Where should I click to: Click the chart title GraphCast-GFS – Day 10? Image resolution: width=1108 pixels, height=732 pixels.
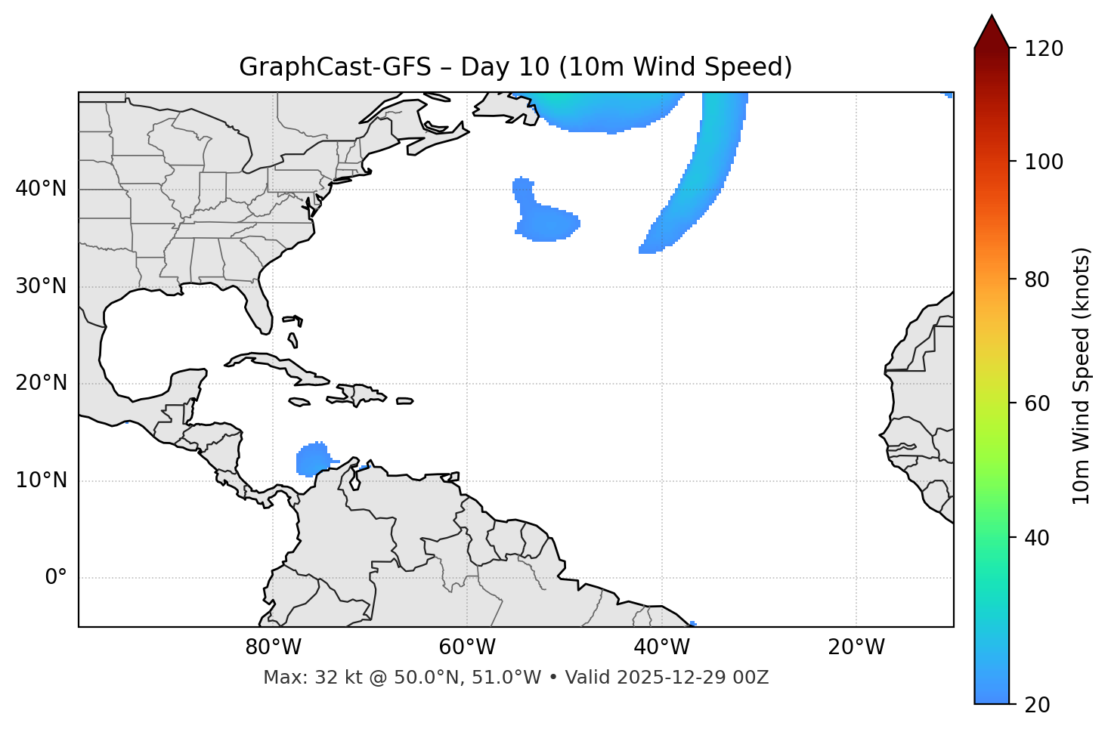tap(515, 67)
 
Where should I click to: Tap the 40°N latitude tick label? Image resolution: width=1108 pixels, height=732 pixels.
tap(41, 189)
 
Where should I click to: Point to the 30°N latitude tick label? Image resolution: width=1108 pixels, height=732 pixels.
tap(41, 286)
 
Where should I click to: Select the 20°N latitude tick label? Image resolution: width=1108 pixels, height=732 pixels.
tap(41, 383)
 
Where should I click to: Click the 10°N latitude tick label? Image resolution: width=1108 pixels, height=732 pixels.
tap(41, 480)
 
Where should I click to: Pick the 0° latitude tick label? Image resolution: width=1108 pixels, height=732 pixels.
tap(56, 578)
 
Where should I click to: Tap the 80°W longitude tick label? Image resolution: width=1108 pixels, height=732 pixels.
tap(273, 647)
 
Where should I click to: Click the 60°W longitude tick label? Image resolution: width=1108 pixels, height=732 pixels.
tap(467, 647)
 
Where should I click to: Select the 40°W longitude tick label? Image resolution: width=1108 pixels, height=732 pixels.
tap(661, 647)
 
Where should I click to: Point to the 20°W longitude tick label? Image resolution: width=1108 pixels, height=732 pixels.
tap(856, 647)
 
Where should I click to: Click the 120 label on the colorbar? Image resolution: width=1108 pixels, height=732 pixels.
tap(1044, 48)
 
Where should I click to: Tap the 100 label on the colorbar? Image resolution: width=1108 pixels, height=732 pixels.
tap(1044, 162)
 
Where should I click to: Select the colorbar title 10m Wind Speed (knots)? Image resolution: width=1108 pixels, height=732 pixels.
tap(1082, 375)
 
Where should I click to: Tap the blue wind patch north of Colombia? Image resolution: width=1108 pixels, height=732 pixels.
tap(312, 459)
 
